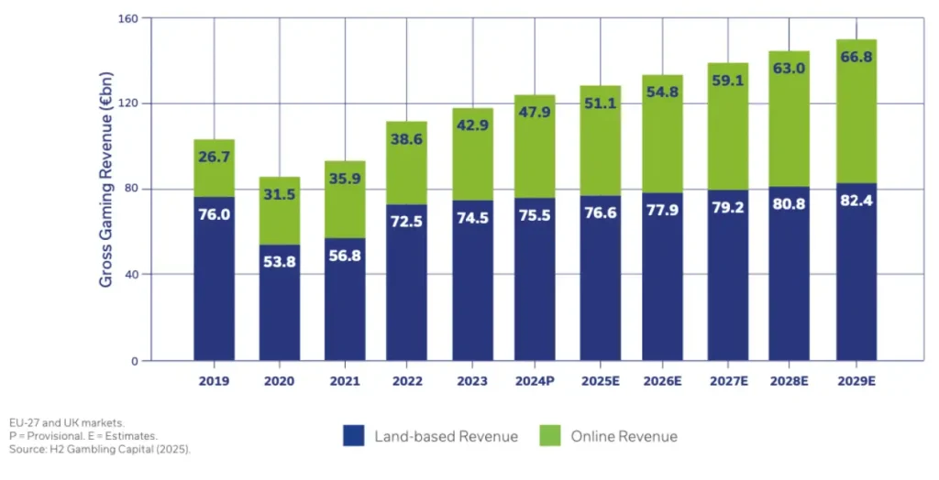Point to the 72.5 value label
tap(406, 221)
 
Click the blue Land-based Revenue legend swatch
tap(355, 436)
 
